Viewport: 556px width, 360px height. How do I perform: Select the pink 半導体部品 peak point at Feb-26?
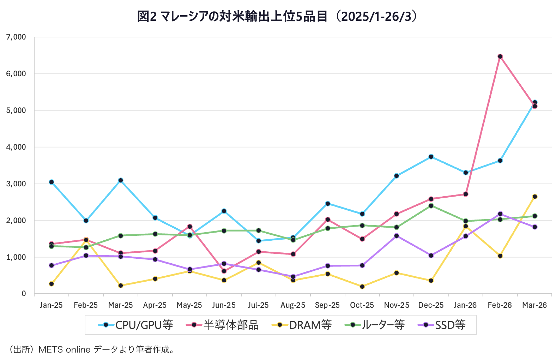pos(500,56)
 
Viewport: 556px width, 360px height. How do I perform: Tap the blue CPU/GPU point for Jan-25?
pos(52,182)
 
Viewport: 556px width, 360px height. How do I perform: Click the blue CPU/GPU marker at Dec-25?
pos(431,157)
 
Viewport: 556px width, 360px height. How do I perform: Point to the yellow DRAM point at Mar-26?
pos(534,197)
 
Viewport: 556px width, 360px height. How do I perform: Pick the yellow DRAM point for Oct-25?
pos(362,287)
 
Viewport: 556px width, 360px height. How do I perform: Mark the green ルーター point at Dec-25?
pos(431,206)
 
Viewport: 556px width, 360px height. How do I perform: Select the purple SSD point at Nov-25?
pos(397,236)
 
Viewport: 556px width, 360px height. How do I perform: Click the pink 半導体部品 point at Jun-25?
pos(224,271)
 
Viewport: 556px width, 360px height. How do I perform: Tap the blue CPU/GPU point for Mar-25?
pos(121,180)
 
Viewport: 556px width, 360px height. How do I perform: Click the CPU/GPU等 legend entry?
pos(136,325)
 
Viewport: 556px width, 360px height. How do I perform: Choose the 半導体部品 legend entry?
pos(223,325)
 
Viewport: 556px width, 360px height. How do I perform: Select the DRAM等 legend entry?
pos(302,325)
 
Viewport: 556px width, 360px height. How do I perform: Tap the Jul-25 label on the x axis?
pos(258,305)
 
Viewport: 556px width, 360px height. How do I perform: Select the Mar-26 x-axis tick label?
pos(534,305)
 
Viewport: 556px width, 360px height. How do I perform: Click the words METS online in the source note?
pos(65,350)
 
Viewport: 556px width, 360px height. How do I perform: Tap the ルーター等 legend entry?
pos(375,325)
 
